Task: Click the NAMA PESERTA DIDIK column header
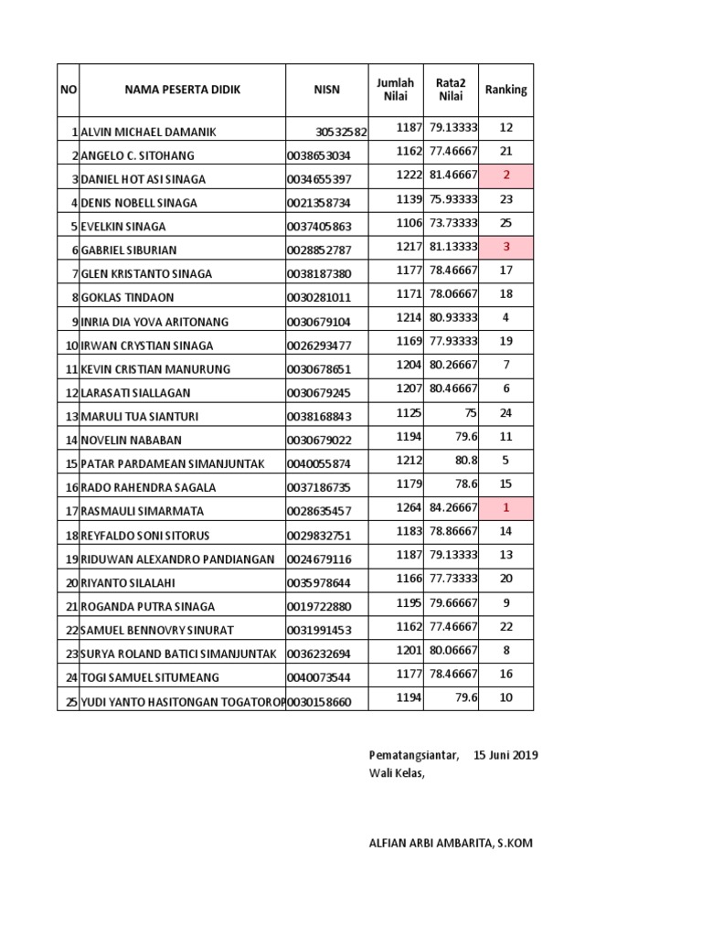(x=183, y=90)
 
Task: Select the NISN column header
(x=327, y=90)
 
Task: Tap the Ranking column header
(x=505, y=90)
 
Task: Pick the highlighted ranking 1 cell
(x=506, y=508)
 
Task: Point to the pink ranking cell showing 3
(x=506, y=246)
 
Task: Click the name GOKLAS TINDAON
(x=127, y=297)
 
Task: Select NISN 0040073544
(x=318, y=677)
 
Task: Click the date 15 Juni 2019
(x=505, y=755)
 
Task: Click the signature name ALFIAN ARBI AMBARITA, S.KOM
(x=450, y=843)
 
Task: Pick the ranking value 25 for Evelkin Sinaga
(x=506, y=222)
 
